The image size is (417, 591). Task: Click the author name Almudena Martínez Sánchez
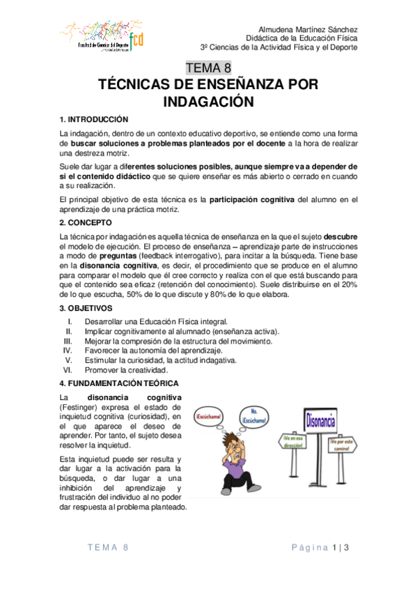[308, 29]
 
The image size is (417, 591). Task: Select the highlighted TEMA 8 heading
[208, 68]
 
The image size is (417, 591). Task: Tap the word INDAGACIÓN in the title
[208, 102]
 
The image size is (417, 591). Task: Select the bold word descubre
[340, 238]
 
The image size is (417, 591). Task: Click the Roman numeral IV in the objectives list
[68, 351]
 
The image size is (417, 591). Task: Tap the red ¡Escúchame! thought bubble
[209, 416]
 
